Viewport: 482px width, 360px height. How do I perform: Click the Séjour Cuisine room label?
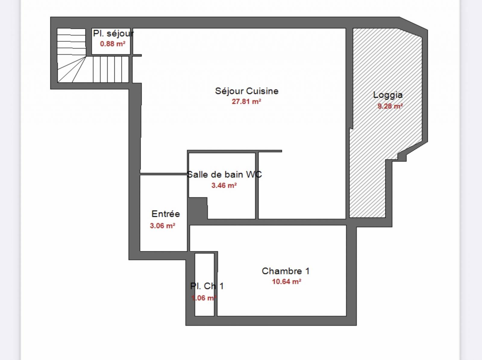(x=246, y=91)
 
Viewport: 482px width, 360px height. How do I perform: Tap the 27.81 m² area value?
(x=246, y=102)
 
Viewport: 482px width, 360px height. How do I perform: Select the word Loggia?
(x=388, y=95)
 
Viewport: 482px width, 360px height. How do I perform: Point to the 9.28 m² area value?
(x=390, y=106)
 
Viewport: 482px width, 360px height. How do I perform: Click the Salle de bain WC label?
(x=224, y=175)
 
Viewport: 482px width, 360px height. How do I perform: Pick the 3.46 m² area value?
(x=224, y=185)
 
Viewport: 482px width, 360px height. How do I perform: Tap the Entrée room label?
(x=166, y=214)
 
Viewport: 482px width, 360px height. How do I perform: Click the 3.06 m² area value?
(x=162, y=226)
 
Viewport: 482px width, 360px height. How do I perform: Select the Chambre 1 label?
(x=285, y=271)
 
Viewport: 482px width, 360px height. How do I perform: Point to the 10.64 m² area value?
(x=286, y=282)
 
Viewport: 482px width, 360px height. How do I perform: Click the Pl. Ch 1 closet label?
(x=207, y=286)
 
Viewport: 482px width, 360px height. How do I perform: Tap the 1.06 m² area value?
(x=204, y=298)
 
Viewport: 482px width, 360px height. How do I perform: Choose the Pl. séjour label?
(x=113, y=33)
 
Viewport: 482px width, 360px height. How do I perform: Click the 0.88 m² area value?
(x=113, y=44)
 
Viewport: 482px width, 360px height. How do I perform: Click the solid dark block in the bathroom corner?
(x=197, y=208)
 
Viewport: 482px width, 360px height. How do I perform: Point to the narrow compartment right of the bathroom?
(x=301, y=185)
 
